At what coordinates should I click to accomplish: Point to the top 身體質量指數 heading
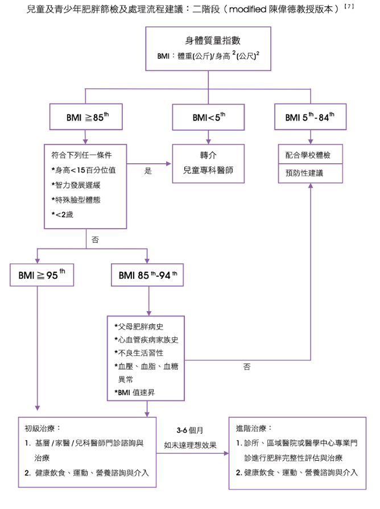click(209, 41)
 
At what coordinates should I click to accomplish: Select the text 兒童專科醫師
click(209, 170)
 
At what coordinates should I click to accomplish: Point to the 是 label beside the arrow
click(148, 170)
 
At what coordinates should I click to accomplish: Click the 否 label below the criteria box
click(96, 240)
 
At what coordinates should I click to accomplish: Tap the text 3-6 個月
click(191, 430)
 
